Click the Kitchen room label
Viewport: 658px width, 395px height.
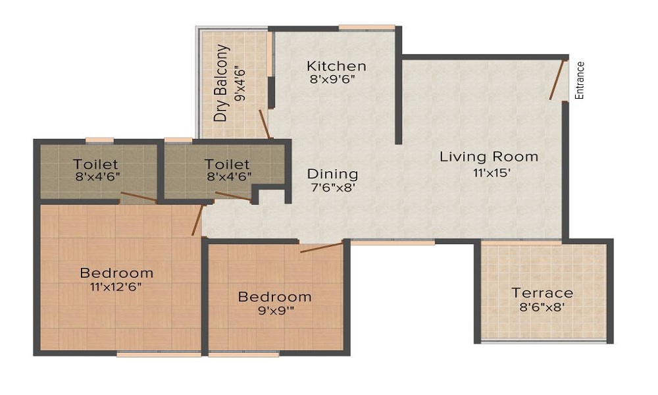point(336,66)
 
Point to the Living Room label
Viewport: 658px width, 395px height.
point(489,157)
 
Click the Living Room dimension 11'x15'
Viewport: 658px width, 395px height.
point(489,172)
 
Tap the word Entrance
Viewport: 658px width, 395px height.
point(580,80)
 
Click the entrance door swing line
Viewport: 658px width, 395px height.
point(557,80)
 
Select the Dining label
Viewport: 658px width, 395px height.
point(332,174)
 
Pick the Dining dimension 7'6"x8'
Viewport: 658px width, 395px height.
point(332,189)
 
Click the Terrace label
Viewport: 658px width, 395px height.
point(543,293)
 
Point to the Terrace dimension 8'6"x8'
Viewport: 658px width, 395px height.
point(543,308)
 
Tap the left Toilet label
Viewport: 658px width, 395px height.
point(95,164)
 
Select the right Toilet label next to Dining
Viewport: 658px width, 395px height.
point(227,164)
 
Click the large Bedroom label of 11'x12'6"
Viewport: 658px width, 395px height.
point(116,273)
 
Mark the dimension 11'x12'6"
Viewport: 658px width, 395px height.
point(116,288)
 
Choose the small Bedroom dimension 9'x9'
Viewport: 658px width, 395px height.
point(274,312)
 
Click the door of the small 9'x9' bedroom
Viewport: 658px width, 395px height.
point(322,247)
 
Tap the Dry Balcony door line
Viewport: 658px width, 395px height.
point(264,124)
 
